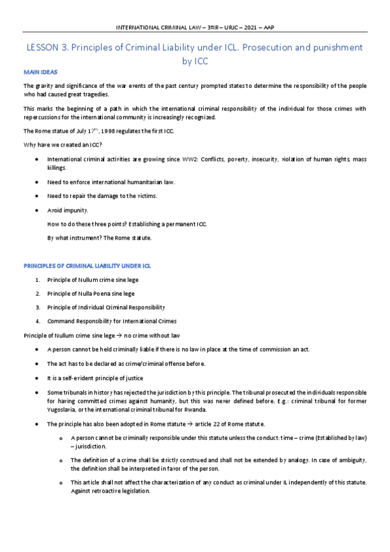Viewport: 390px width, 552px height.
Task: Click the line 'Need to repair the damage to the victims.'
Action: tap(102, 196)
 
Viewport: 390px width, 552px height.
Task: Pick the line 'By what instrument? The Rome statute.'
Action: tap(100, 238)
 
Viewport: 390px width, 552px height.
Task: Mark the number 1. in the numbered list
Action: tap(39, 280)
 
